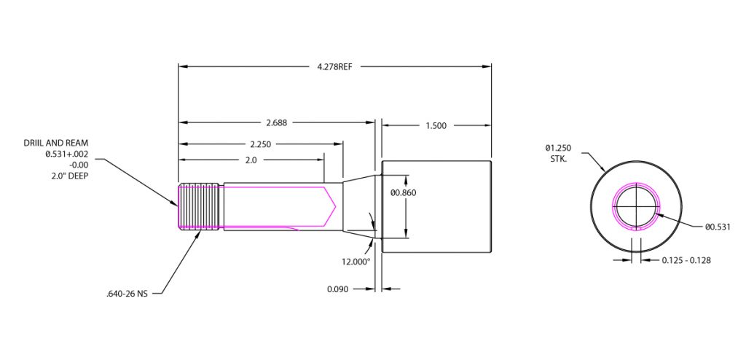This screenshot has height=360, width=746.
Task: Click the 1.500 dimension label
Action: (x=436, y=126)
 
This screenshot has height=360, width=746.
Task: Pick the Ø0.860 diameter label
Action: (x=404, y=193)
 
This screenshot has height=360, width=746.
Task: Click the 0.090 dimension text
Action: (x=339, y=289)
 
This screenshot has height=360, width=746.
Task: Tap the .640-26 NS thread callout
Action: (x=127, y=294)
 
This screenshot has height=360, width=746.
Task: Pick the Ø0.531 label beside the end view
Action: (x=717, y=227)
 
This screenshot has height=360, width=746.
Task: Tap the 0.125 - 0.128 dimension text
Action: (x=686, y=260)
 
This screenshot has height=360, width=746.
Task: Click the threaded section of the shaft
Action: (x=200, y=206)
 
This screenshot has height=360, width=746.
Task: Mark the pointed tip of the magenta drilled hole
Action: (x=334, y=207)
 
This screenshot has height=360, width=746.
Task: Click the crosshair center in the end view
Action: (x=636, y=206)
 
